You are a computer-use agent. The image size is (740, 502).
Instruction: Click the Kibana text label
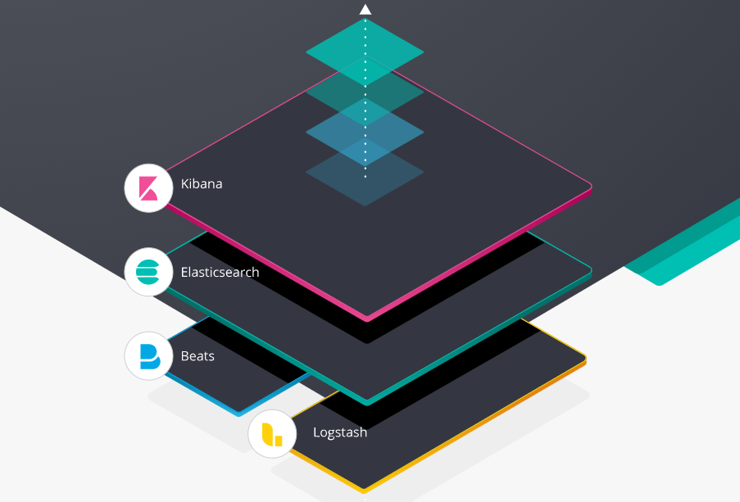click(202, 183)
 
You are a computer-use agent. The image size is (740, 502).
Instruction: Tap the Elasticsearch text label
click(220, 272)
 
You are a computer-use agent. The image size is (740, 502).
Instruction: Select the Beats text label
click(197, 356)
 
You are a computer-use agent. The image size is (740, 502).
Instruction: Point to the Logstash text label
click(340, 432)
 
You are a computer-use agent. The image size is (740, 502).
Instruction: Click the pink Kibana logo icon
click(148, 188)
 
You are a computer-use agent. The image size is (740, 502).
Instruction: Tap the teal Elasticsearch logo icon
click(148, 271)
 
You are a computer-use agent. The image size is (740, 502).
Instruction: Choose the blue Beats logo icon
click(148, 355)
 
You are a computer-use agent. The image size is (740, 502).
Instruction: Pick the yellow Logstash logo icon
click(272, 433)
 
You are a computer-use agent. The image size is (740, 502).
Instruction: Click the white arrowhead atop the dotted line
click(365, 10)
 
